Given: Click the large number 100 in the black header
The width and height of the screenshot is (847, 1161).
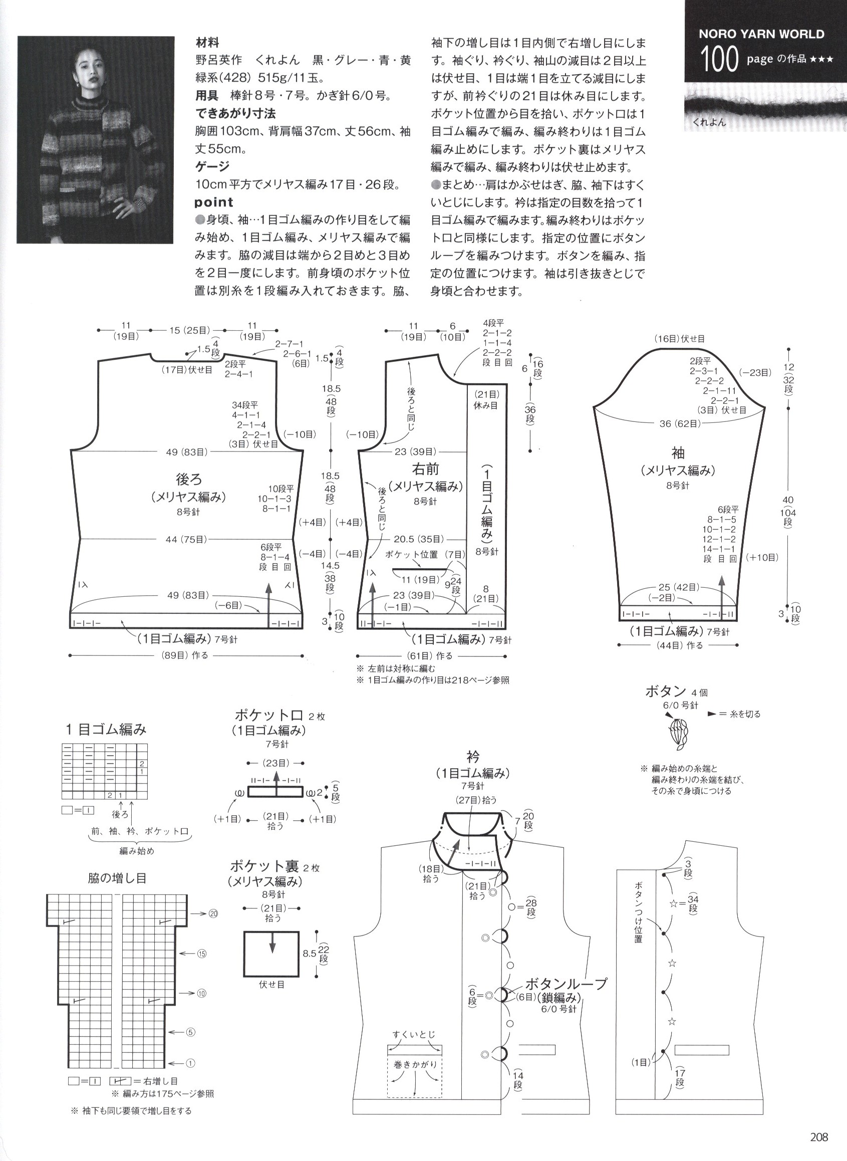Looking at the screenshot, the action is click(719, 60).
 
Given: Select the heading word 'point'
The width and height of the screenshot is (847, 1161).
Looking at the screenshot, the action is click(214, 202).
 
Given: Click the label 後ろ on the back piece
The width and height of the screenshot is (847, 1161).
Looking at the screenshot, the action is click(189, 480).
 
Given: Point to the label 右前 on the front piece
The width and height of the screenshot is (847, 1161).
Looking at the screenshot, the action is click(426, 469).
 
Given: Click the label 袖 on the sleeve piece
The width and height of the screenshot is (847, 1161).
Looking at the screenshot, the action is click(678, 453).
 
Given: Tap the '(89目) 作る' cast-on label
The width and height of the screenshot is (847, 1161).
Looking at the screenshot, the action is click(186, 655).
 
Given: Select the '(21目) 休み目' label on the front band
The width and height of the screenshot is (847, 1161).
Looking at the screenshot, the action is click(485, 399).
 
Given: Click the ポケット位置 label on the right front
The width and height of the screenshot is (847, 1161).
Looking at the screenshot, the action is click(412, 554).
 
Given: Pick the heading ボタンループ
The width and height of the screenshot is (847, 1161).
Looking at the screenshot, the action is click(566, 984).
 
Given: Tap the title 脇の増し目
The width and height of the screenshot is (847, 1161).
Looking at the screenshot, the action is click(117, 877).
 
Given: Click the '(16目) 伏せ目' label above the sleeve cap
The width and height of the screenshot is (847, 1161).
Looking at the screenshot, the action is click(679, 338).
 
